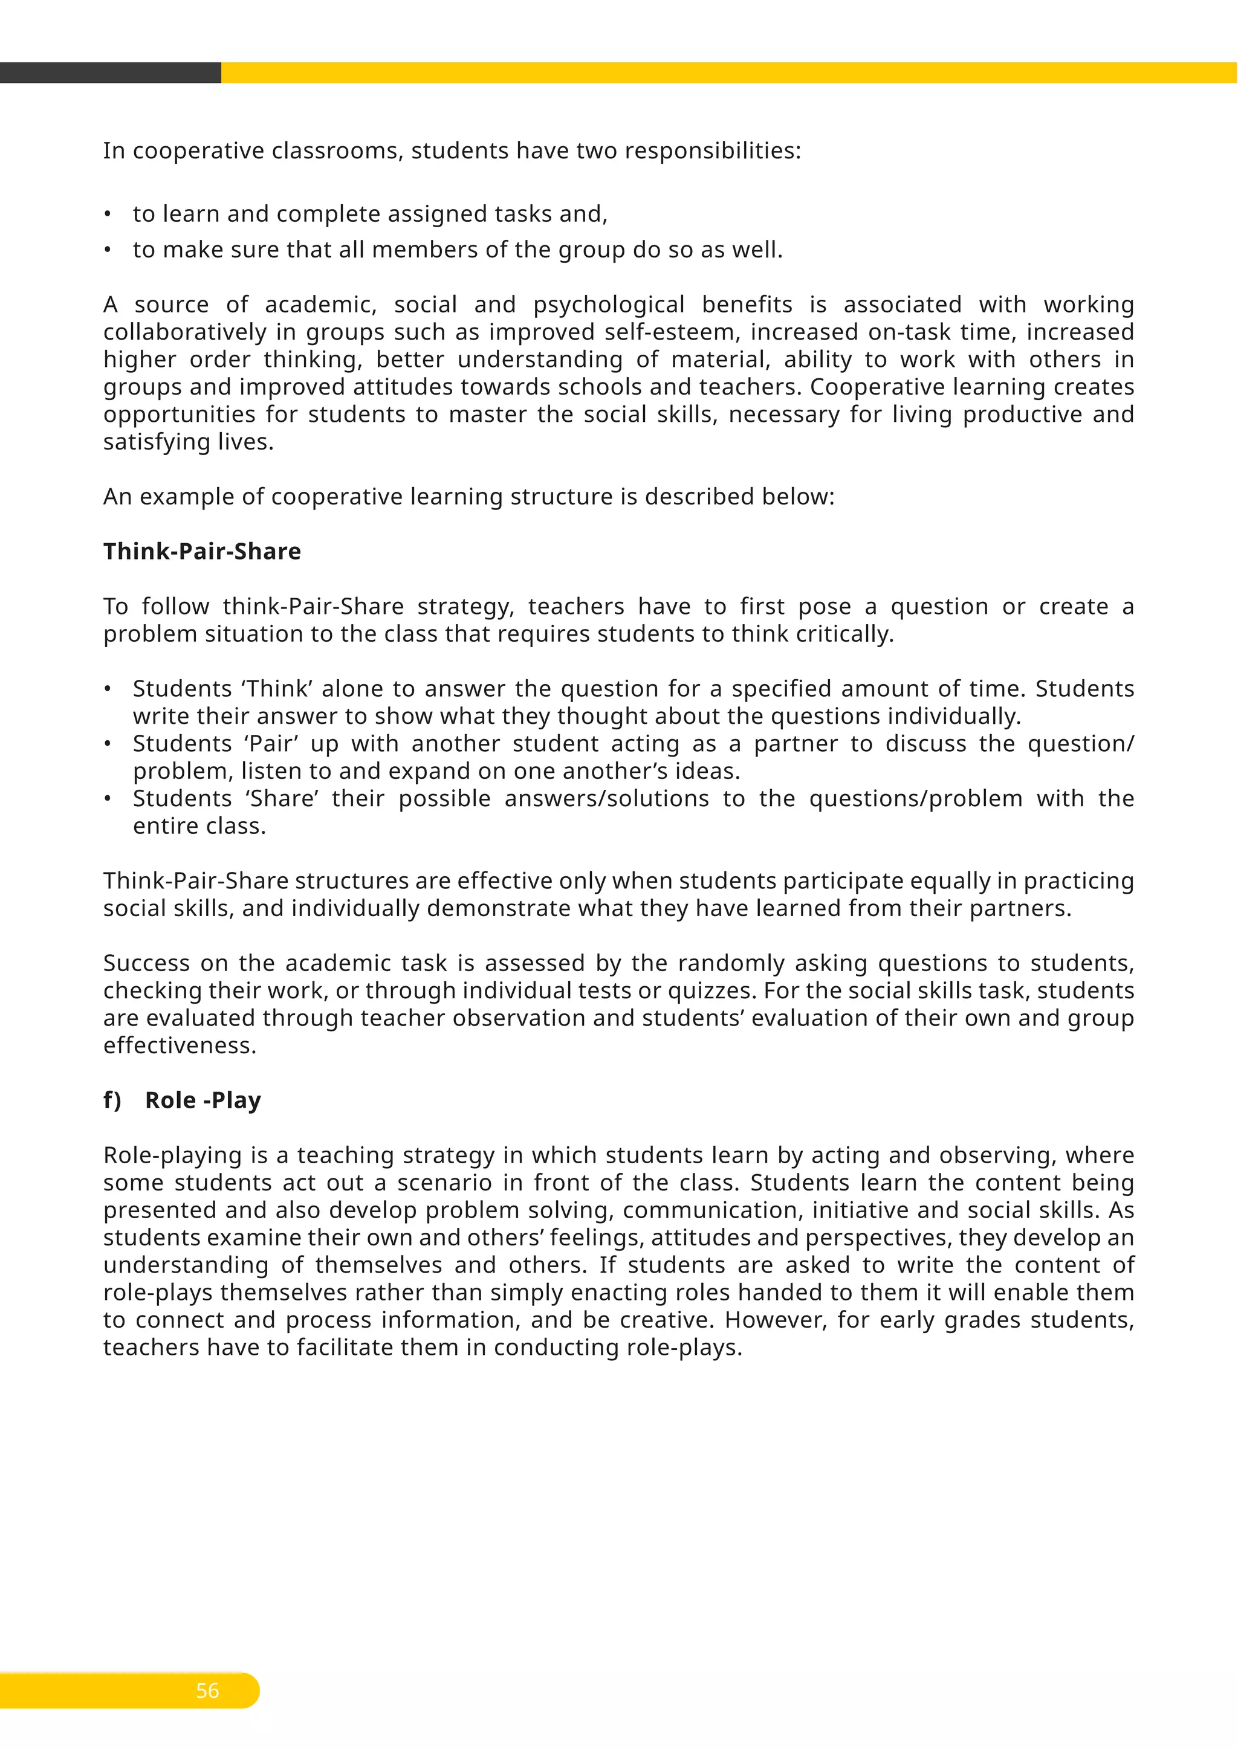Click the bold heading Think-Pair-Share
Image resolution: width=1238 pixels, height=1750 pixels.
coord(202,551)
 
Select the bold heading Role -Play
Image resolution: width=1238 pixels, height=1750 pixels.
coord(203,1100)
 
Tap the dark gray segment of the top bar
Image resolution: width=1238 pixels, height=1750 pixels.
coord(111,73)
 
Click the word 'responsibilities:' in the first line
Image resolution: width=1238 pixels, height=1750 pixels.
coord(713,151)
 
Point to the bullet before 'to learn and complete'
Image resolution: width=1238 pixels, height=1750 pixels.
coord(108,214)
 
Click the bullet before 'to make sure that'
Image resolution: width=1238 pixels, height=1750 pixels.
coord(108,250)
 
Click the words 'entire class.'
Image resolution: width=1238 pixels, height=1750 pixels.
coord(199,825)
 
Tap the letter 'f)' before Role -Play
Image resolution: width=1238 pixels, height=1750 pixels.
coord(112,1100)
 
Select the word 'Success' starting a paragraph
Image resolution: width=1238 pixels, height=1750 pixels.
coord(146,963)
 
